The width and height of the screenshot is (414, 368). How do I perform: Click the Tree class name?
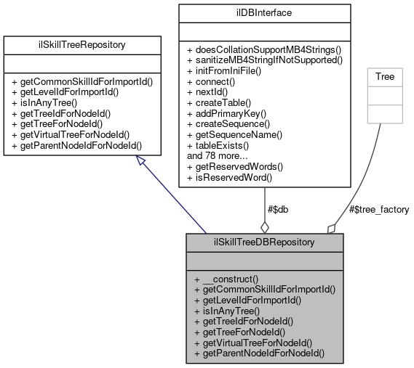click(x=384, y=76)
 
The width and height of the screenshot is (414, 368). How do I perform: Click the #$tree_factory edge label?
click(x=378, y=210)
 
